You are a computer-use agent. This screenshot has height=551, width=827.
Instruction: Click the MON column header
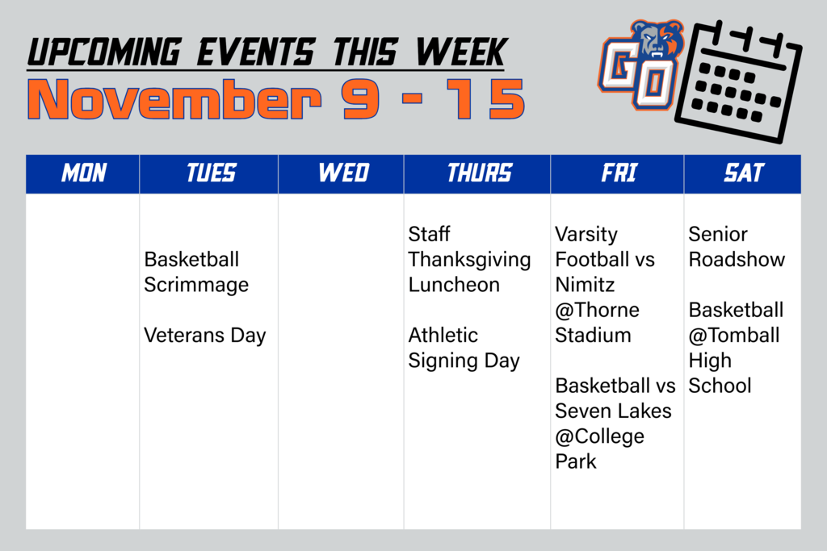click(83, 173)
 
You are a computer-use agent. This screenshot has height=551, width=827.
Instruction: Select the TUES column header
click(210, 173)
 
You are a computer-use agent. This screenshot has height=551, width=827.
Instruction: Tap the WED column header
click(342, 173)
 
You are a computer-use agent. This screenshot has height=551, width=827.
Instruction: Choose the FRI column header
click(618, 173)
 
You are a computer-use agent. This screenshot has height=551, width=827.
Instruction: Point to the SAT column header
click(743, 173)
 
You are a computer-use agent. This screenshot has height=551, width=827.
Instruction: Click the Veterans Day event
click(204, 336)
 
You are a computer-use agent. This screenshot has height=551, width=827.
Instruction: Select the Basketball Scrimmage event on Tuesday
click(196, 273)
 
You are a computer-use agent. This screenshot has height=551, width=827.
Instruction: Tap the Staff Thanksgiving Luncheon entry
click(468, 260)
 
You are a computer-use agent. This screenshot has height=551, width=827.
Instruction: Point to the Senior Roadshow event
click(736, 247)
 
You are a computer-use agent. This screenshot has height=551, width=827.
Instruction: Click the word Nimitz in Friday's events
click(585, 285)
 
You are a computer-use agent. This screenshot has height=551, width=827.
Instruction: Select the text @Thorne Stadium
click(597, 323)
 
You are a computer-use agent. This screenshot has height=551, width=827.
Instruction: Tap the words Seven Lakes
click(613, 411)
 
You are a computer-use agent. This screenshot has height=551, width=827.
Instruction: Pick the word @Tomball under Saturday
click(734, 335)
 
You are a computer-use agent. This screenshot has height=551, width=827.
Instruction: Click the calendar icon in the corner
click(737, 81)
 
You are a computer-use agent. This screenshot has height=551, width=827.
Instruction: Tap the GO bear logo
click(641, 65)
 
